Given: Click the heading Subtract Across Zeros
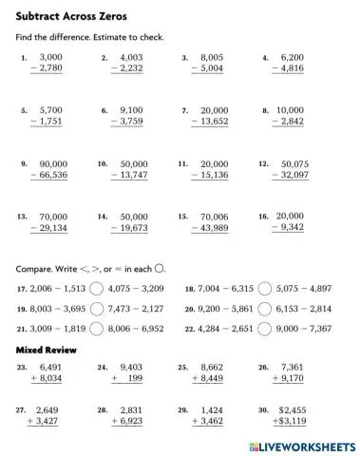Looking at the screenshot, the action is [x=71, y=17].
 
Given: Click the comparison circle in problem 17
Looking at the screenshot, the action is [x=99, y=287].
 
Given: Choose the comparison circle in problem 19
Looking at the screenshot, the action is [x=99, y=308].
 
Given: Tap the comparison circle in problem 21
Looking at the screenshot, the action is [x=99, y=328].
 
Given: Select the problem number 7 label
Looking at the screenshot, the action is [x=185, y=110].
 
